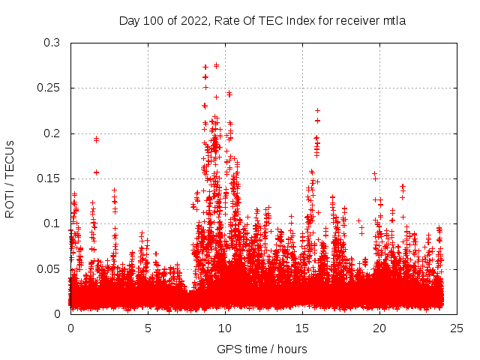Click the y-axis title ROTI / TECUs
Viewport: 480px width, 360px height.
(x=10, y=178)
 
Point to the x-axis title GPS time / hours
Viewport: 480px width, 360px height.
(x=262, y=349)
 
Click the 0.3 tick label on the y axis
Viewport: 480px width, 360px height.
(x=52, y=43)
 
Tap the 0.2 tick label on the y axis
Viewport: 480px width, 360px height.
(x=52, y=133)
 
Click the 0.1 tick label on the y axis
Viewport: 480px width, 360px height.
(x=52, y=223)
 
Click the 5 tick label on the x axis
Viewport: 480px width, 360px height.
(x=148, y=328)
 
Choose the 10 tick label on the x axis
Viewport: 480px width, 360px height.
(x=225, y=328)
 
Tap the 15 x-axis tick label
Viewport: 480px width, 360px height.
(x=302, y=328)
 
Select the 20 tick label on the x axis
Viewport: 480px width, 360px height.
(x=379, y=328)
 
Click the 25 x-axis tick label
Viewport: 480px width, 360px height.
(x=457, y=328)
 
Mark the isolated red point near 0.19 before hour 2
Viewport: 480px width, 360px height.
(x=96, y=139)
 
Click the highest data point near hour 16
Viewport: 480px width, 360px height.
(x=317, y=111)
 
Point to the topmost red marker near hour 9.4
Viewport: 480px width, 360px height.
(x=216, y=65)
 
